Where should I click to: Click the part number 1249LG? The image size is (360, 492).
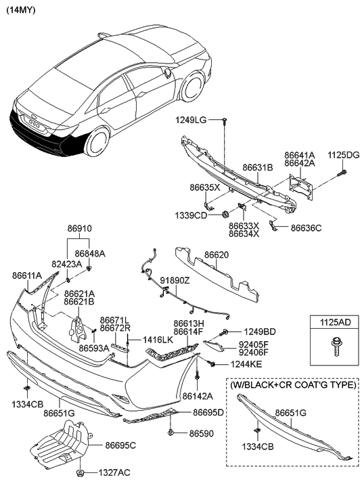point(191,120)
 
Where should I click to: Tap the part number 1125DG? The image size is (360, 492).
point(343,154)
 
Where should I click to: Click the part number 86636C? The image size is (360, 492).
point(309,229)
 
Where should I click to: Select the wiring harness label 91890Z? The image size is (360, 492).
point(175,279)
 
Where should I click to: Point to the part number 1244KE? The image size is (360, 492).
point(236,365)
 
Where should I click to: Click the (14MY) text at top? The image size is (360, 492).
point(22,10)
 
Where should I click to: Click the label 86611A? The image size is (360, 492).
point(27,275)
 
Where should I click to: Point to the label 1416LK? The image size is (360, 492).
point(156,339)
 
